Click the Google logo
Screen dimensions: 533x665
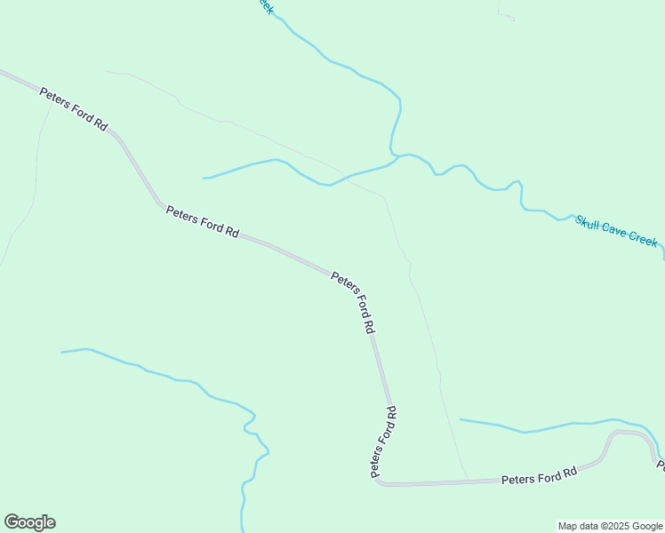29,522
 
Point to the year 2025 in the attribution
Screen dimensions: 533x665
605,526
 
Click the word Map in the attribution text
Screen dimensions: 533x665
567,526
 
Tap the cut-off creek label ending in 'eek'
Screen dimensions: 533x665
265,6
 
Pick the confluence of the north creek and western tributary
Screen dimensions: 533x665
397,157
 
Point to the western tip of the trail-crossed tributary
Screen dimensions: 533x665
204,178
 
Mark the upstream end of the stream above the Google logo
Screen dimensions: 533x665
62,352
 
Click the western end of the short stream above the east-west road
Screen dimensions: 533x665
461,418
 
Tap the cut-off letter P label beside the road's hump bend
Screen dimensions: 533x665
661,464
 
